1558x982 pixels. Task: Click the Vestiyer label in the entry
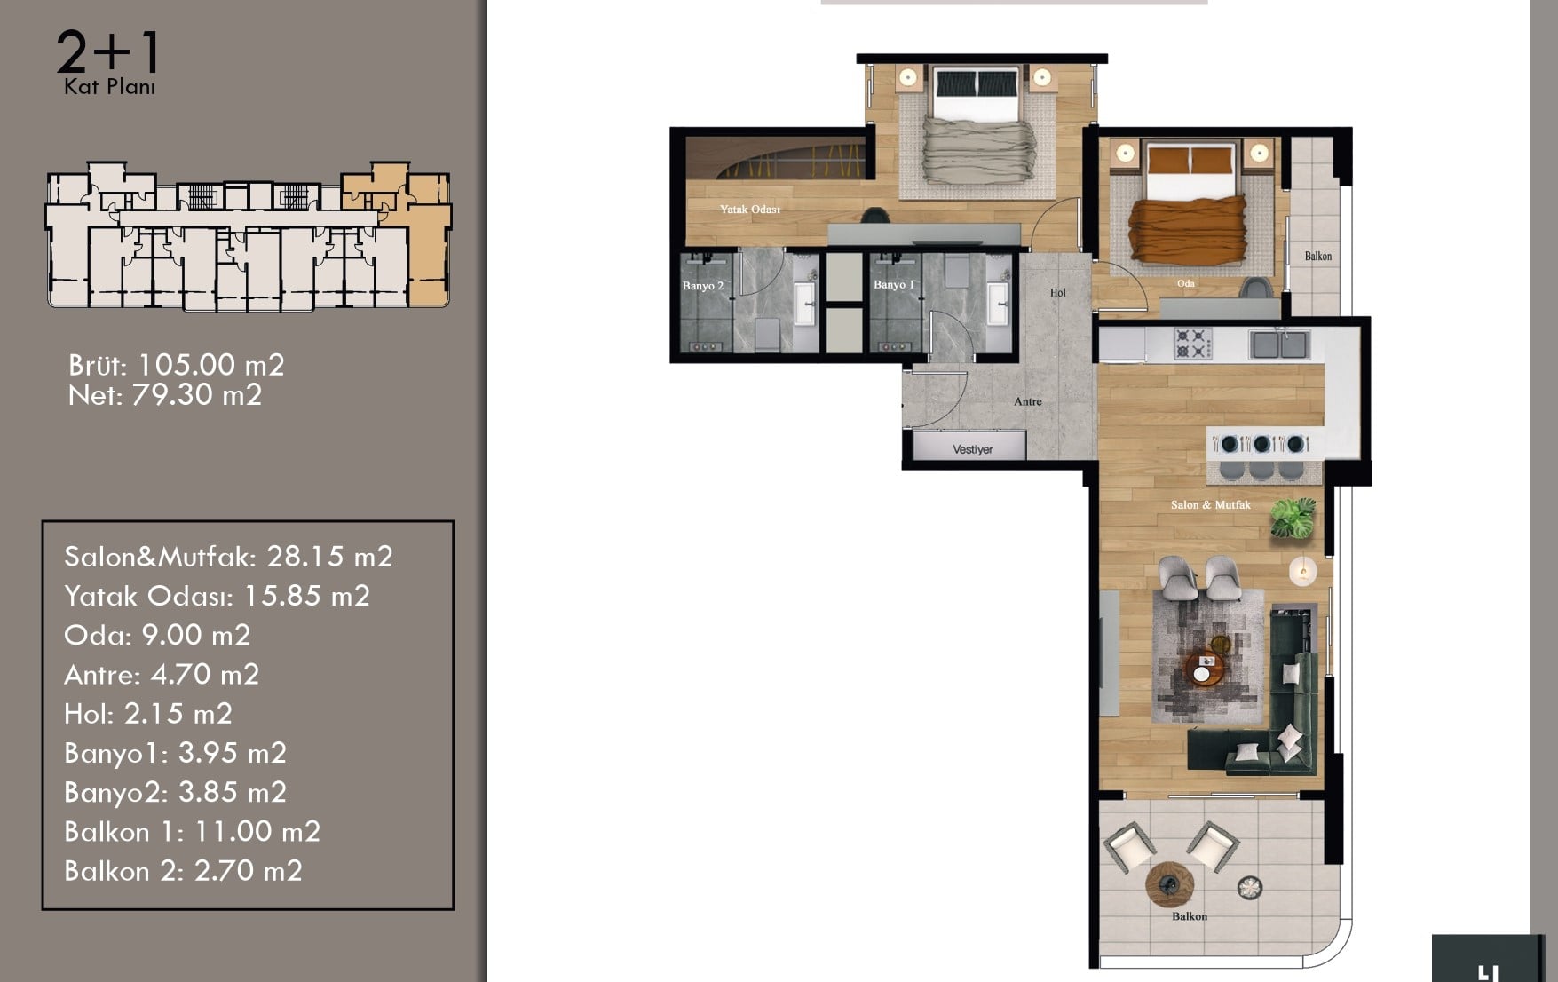[972, 449]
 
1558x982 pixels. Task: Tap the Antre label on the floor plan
[1028, 401]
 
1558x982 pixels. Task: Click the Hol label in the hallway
[1057, 292]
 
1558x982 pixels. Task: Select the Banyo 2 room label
[703, 286]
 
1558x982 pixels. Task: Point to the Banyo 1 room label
[893, 284]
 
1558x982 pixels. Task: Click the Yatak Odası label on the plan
[750, 210]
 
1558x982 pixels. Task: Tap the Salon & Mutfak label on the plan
[1210, 504]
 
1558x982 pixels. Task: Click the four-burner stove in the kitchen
[1193, 344]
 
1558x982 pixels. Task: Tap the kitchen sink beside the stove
[1279, 344]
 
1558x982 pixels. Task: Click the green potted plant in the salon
[1293, 517]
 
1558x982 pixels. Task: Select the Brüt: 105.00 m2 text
[177, 365]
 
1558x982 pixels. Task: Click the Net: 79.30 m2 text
[165, 395]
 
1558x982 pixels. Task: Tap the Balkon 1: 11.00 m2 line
[192, 832]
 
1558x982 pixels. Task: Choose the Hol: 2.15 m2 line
[148, 714]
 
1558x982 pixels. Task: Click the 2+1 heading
[108, 52]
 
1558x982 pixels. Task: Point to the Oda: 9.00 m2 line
[157, 636]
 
